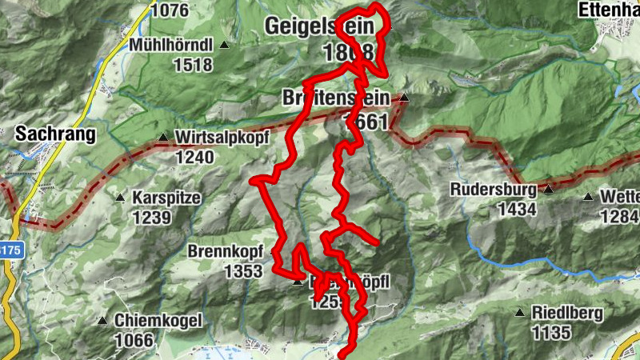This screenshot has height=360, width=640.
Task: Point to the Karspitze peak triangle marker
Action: pos(121,198)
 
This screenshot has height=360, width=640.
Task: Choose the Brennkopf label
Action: pos(225,251)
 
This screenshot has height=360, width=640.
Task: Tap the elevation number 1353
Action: pos(243,271)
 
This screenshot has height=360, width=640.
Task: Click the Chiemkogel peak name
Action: pos(157,320)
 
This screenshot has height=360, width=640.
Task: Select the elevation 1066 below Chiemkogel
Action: pos(133,340)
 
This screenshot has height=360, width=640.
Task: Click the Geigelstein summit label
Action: pos(319,27)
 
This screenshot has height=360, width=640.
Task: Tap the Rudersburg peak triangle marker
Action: pos(549,190)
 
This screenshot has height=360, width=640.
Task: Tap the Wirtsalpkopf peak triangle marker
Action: pos(164,138)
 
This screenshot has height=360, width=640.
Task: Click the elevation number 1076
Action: pos(170,10)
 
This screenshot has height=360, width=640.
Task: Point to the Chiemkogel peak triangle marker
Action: pos(102,321)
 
